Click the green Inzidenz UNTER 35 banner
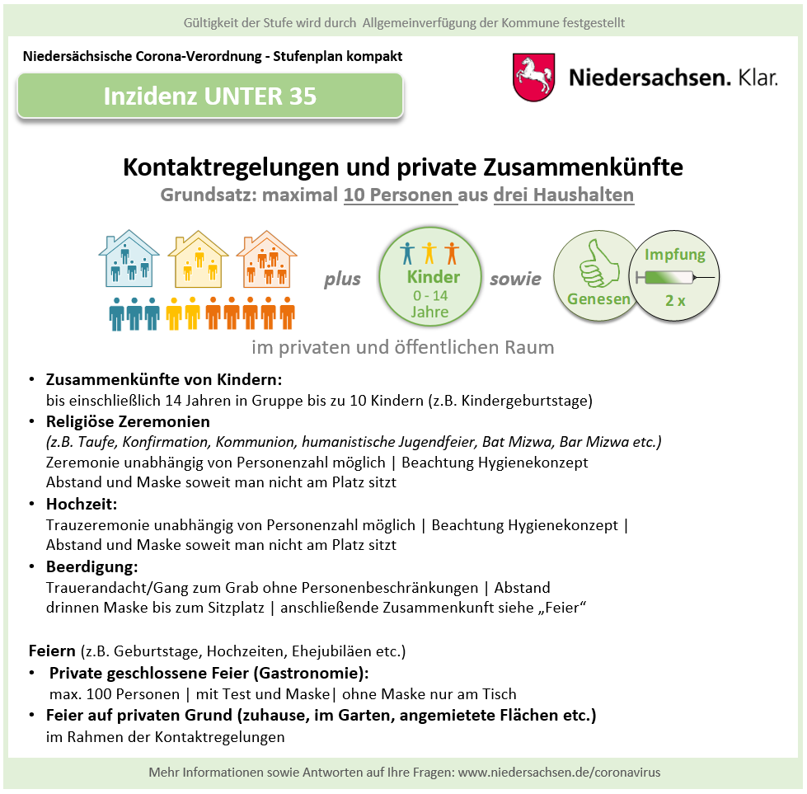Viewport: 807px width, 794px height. [209, 96]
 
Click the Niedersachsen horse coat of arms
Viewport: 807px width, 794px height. [533, 78]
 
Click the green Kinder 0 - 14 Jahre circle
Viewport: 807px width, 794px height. [429, 279]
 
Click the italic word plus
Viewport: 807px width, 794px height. [342, 279]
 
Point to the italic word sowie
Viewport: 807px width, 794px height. [515, 279]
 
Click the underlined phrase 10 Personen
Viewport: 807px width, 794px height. [400, 196]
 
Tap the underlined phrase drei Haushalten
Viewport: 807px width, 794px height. [564, 196]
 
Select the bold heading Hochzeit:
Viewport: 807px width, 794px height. [81, 504]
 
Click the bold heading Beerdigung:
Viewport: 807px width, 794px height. [91, 567]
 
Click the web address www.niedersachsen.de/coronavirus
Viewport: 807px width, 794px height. [559, 773]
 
